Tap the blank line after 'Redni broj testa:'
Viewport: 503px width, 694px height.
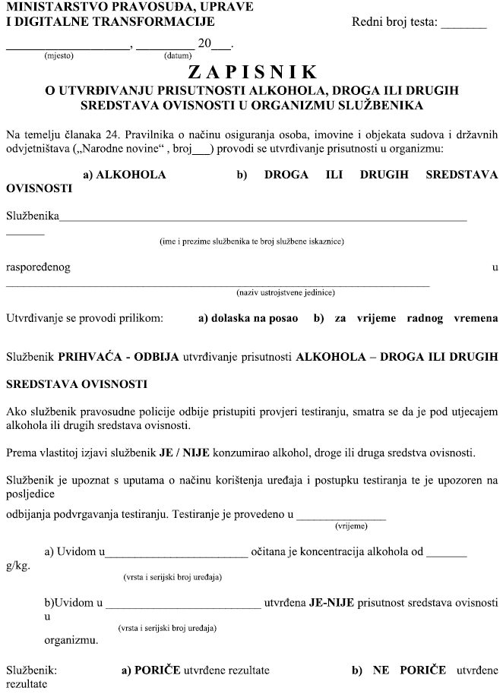(463, 26)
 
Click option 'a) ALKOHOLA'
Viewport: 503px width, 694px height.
(125, 175)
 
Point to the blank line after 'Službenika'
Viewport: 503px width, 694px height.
(263, 219)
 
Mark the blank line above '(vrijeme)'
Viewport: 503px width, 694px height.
(340, 517)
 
